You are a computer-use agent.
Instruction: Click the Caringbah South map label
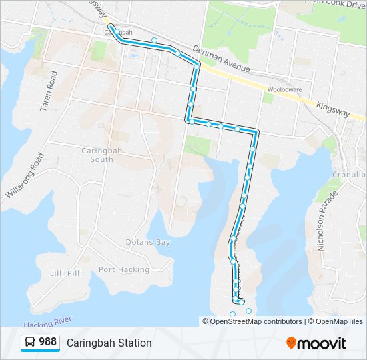pyautogui.click(x=98, y=155)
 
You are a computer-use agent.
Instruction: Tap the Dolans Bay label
pyautogui.click(x=149, y=242)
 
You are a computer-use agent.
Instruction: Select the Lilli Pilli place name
pyautogui.click(x=65, y=273)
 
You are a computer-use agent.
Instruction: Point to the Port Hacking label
pyautogui.click(x=124, y=269)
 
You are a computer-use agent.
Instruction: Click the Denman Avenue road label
pyautogui.click(x=221, y=59)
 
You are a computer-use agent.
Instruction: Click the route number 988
pyautogui.click(x=47, y=342)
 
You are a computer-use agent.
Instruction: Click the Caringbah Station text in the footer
pyautogui.click(x=109, y=343)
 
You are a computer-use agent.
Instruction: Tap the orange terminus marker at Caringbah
pyautogui.click(x=111, y=28)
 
